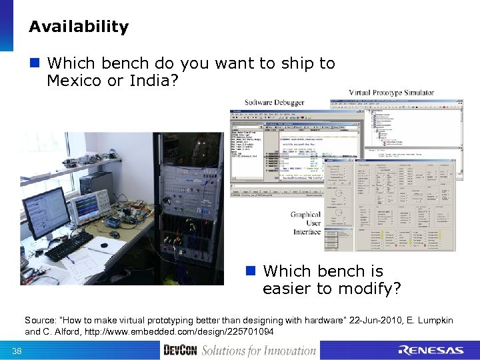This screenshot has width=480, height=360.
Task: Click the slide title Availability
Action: [79, 27]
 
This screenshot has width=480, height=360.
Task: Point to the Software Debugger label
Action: [274, 102]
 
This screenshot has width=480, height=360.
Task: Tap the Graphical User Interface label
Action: [306, 223]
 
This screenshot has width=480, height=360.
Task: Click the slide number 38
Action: [17, 351]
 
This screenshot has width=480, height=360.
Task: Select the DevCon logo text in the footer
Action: [180, 350]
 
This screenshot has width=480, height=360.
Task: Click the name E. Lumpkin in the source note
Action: [428, 321]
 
